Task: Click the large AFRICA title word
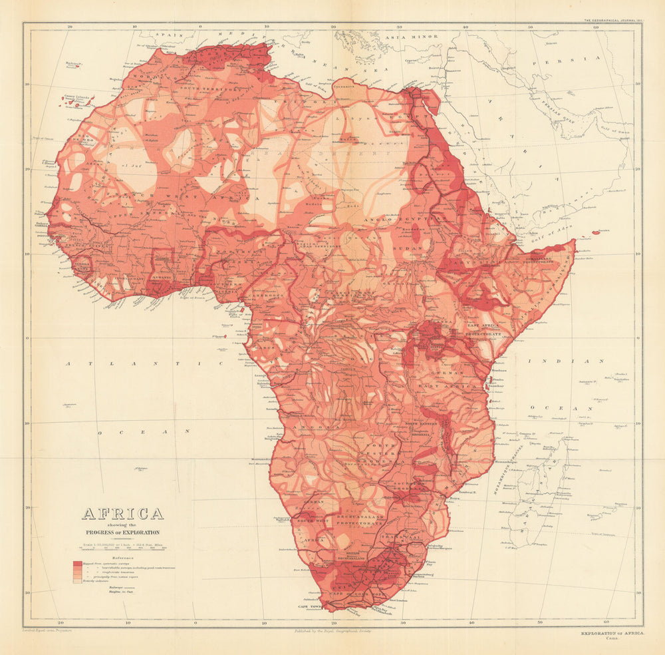[x=122, y=513]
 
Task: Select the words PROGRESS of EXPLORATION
[x=122, y=533]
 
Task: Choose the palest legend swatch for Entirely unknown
[x=77, y=580]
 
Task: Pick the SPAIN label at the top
[x=170, y=33]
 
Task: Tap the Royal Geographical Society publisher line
[x=332, y=630]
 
